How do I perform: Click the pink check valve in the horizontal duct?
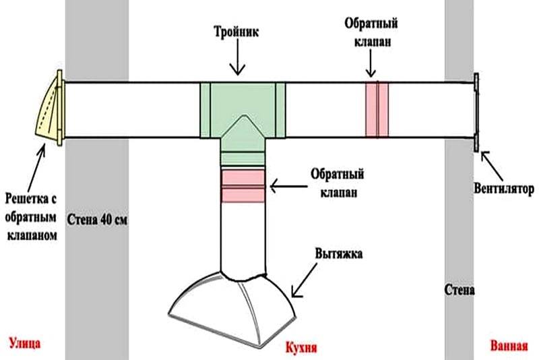coord(377,109)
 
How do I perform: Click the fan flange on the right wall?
coord(477,112)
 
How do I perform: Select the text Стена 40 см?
coord(98,220)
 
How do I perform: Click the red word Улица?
coord(25,344)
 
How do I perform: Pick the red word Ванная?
coord(508,347)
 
